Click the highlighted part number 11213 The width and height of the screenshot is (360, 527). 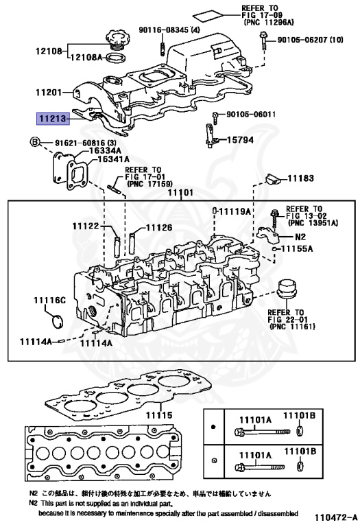tap(53, 118)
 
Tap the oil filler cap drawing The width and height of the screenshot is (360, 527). tap(116, 40)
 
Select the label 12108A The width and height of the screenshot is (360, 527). tap(86, 57)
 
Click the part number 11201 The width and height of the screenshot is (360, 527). tap(49, 92)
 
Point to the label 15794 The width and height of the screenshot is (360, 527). tap(240, 140)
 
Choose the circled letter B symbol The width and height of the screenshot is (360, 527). tap(35, 142)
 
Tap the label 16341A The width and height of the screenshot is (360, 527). tap(113, 159)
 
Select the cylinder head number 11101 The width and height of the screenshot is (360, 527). tap(180, 192)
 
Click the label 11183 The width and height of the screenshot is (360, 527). tap(300, 178)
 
